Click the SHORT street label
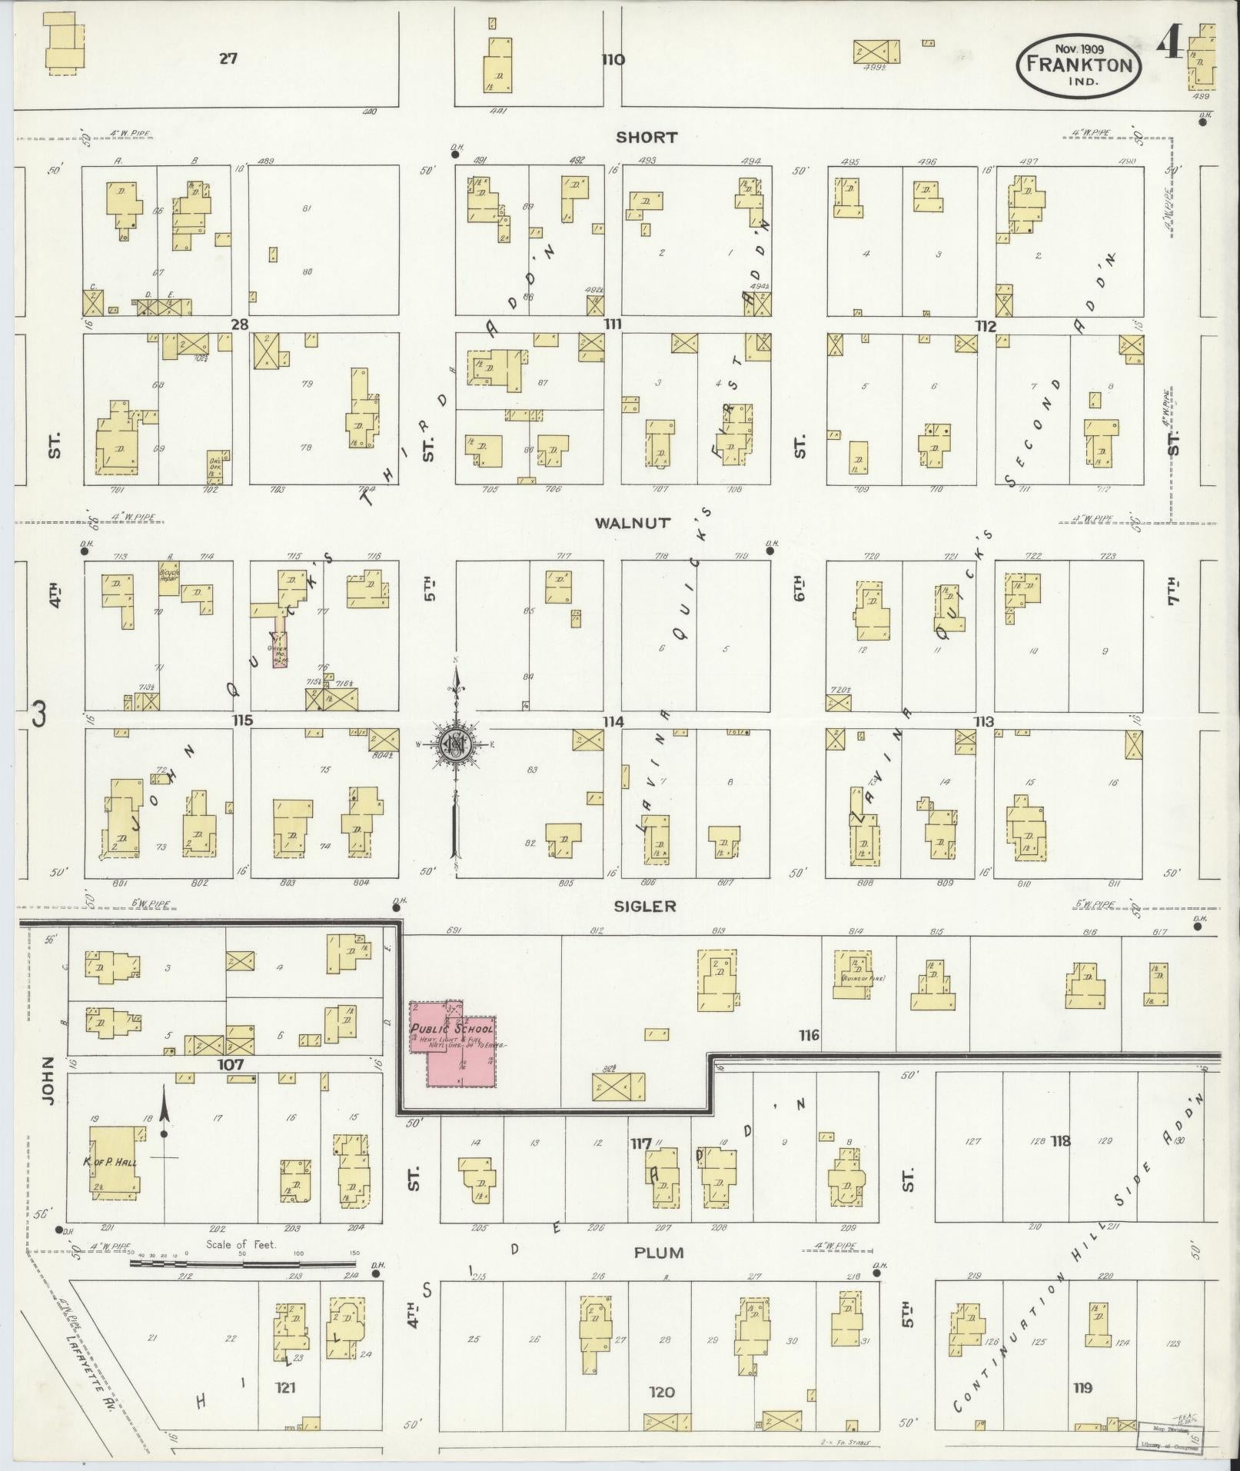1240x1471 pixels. coord(647,138)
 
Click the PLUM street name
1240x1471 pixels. coord(658,1253)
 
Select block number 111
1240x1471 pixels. coord(613,324)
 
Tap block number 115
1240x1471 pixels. coord(244,721)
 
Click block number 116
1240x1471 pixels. coord(809,1036)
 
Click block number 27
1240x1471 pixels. coord(228,58)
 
